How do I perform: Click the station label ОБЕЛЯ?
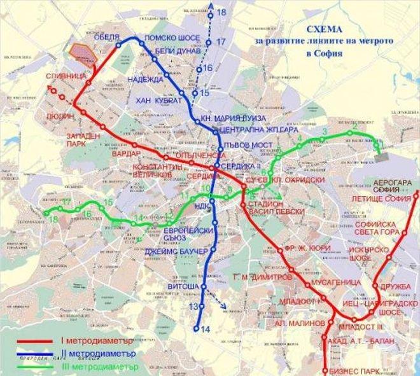point(106,36)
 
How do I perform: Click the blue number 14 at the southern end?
point(204,329)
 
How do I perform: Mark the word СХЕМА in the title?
point(324,29)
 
